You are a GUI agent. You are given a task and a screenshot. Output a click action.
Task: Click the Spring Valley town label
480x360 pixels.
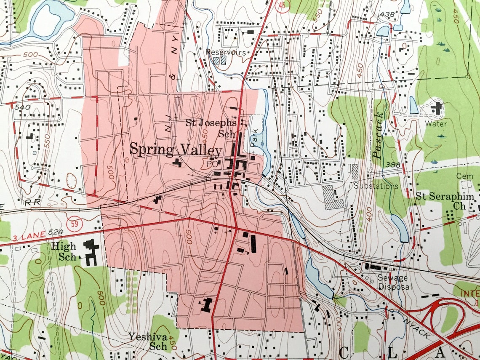(176, 150)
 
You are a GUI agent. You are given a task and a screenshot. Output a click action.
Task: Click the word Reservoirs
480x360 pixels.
(226, 52)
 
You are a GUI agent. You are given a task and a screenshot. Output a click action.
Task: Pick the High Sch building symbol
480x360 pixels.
(91, 251)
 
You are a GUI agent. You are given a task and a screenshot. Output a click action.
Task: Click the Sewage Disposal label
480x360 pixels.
(392, 282)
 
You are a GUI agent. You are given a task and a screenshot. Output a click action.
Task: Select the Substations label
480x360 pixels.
(376, 186)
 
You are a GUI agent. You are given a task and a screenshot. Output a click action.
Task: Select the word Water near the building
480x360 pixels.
(436, 124)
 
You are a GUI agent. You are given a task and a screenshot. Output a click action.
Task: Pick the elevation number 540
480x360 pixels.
(22, 107)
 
